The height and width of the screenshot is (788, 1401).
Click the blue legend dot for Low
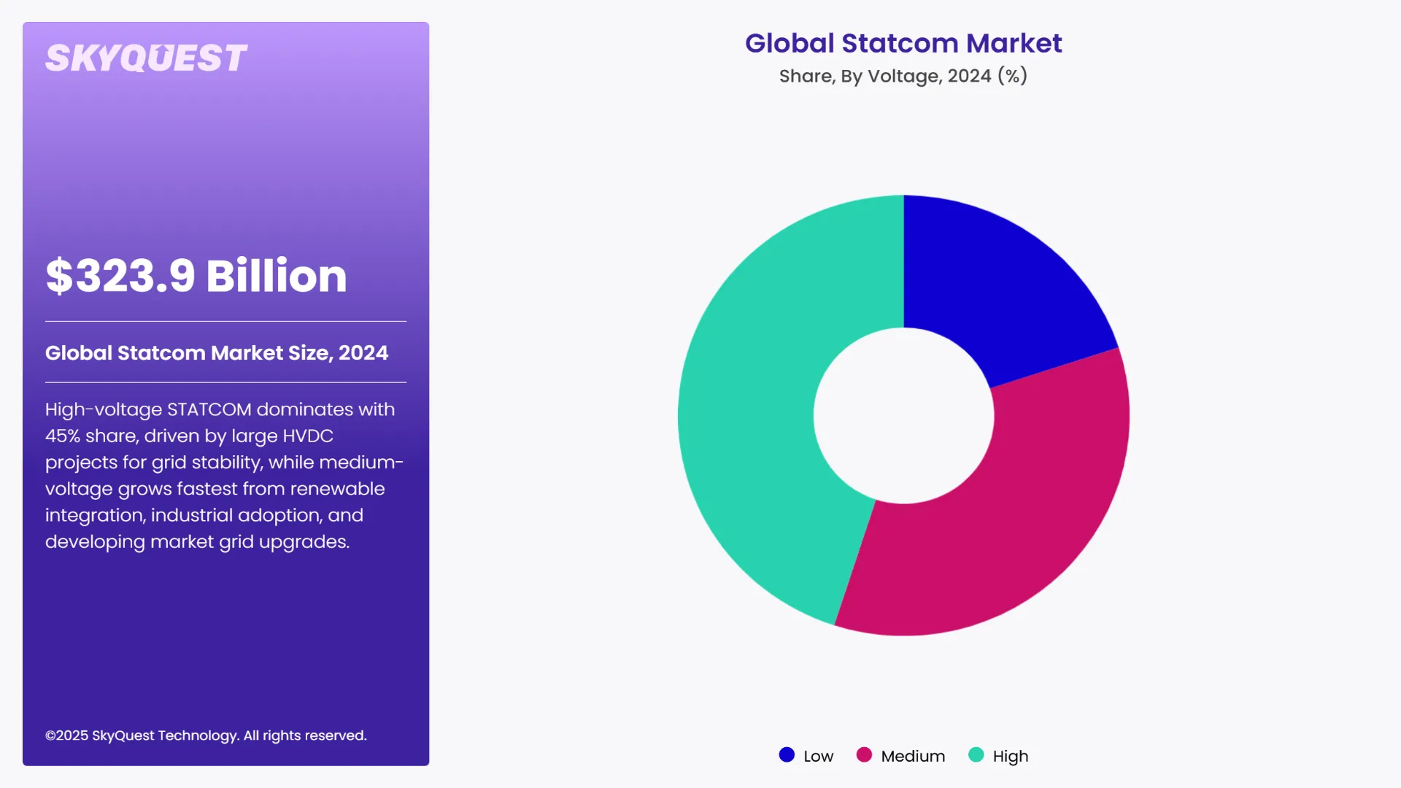(x=787, y=755)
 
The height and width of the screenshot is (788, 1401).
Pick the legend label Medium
(x=912, y=756)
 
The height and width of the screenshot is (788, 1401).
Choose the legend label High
(x=1010, y=756)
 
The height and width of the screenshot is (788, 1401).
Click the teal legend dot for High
(x=976, y=755)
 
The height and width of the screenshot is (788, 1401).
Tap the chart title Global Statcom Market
(x=903, y=43)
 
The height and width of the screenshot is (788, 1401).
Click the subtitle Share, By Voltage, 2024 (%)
(x=903, y=76)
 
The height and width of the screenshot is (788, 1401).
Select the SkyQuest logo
(x=146, y=58)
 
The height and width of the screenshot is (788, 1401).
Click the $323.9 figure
(x=120, y=276)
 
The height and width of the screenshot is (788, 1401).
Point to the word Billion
(x=276, y=276)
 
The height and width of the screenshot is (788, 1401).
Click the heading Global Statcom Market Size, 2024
(x=217, y=353)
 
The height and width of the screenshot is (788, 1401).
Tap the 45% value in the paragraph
(x=63, y=436)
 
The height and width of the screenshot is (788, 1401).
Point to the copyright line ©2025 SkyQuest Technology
(x=206, y=735)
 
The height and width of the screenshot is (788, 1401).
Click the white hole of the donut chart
(x=903, y=415)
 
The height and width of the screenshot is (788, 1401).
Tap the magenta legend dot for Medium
(x=864, y=755)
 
